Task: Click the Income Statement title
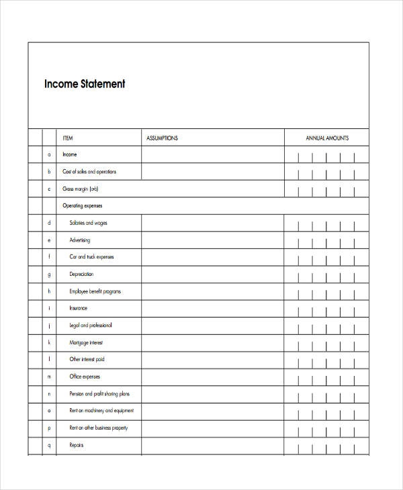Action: click(x=85, y=85)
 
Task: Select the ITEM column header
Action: click(x=68, y=138)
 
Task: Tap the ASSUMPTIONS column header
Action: click(x=162, y=138)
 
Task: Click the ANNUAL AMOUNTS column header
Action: click(x=327, y=138)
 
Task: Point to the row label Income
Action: click(x=70, y=154)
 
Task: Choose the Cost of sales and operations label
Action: click(x=89, y=172)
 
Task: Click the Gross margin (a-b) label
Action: click(x=81, y=189)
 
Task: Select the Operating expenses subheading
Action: click(x=83, y=206)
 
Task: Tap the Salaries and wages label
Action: click(x=88, y=223)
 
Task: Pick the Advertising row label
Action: click(x=79, y=240)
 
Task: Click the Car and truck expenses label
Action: click(x=92, y=257)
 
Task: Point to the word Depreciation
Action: click(x=81, y=274)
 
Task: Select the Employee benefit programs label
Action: click(x=95, y=291)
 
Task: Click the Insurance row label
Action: click(x=78, y=308)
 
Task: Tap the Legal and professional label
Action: click(x=91, y=325)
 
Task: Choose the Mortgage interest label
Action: click(x=87, y=342)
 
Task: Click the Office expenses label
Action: click(x=85, y=377)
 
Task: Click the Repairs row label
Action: click(x=76, y=445)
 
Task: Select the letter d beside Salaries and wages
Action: click(x=49, y=223)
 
